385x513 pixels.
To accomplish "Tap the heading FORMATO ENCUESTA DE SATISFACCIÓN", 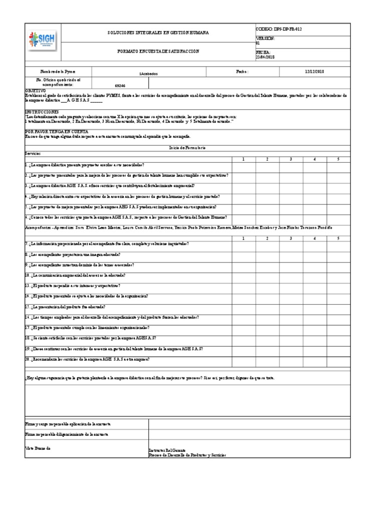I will [x=158, y=51].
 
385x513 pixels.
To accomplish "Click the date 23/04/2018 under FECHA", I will [x=266, y=57].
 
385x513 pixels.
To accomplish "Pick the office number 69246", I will [x=120, y=86].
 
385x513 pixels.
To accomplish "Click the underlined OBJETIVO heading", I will [x=35, y=91].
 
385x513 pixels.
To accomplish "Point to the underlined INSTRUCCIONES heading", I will [x=42, y=112].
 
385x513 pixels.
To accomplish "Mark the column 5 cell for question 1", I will [x=338, y=165].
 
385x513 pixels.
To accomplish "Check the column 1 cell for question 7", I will [x=244, y=243].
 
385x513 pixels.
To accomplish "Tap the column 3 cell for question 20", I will [x=291, y=360].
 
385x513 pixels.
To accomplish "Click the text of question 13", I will [x=75, y=285].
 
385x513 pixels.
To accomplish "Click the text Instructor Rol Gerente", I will [x=170, y=451].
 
